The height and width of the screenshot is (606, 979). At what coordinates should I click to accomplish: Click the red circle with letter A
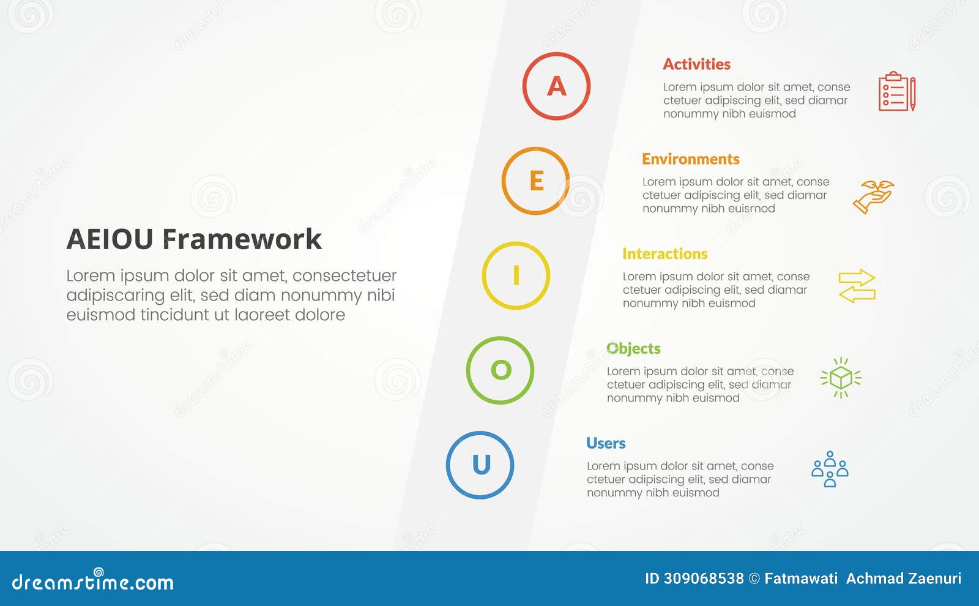pos(556,86)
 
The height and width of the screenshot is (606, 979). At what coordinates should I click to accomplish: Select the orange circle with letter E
pos(535,181)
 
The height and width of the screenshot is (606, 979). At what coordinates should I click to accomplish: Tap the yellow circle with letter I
pos(516,275)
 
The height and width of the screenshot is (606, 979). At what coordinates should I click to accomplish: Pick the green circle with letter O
pos(500,370)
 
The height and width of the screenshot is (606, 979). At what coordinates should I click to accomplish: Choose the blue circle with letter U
pos(480,465)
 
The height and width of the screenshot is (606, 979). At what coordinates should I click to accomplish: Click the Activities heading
pos(696,64)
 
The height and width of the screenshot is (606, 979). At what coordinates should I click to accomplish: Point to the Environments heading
pos(690,159)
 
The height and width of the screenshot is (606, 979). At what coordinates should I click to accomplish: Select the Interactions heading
pos(664,254)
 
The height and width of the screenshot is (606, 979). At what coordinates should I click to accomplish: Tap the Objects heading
pos(633,349)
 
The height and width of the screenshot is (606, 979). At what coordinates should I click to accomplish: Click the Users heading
pos(606,443)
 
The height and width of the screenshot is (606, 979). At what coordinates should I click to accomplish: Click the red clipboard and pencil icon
pos(897,92)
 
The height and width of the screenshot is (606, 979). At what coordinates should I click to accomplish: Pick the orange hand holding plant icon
pos(874,196)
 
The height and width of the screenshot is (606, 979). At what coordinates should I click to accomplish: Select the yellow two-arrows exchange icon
pos(857,286)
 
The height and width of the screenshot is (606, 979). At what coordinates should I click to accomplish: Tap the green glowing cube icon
pos(841,378)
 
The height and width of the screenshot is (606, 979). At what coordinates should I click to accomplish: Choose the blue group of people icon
pos(830,469)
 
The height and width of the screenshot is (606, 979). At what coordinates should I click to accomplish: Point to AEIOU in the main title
pos(110,239)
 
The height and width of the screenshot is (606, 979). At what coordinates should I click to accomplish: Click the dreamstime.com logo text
pos(92,582)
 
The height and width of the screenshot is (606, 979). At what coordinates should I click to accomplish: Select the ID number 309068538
pos(703,578)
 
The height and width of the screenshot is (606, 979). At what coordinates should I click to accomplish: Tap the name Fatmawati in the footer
pos(800,578)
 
